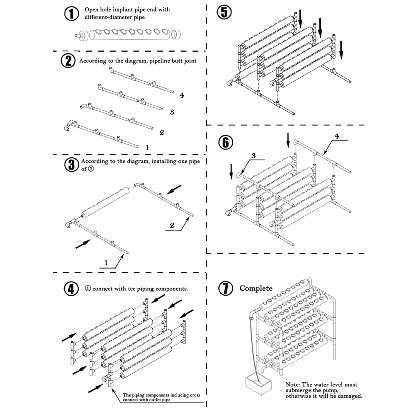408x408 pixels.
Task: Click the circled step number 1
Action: pyautogui.click(x=71, y=14)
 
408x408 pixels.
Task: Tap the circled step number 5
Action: pyautogui.click(x=224, y=12)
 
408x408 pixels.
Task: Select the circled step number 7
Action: pyautogui.click(x=226, y=288)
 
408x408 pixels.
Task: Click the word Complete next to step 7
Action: pyautogui.click(x=256, y=288)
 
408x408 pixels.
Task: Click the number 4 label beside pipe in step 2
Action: pyautogui.click(x=182, y=95)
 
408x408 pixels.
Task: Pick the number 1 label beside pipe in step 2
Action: pyautogui.click(x=147, y=147)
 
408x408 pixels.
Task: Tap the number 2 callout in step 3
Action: pyautogui.click(x=172, y=225)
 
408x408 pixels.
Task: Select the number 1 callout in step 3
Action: pyautogui.click(x=106, y=263)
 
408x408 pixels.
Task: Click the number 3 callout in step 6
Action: pyautogui.click(x=253, y=156)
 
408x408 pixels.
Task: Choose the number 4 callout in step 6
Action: pyautogui.click(x=337, y=136)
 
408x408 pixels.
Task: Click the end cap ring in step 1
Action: pyautogui.click(x=176, y=34)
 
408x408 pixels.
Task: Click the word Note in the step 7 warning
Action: pyautogui.click(x=292, y=384)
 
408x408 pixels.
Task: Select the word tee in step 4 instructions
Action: pyautogui.click(x=132, y=289)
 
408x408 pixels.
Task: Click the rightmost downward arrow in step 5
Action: pyautogui.click(x=341, y=50)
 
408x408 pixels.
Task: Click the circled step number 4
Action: pyautogui.click(x=71, y=289)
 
